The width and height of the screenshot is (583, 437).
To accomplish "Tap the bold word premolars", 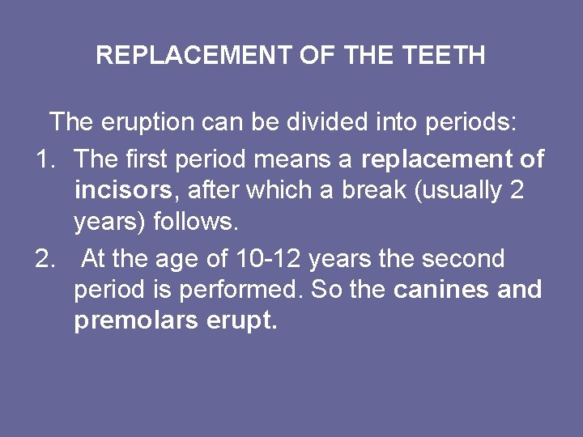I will click(136, 321).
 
